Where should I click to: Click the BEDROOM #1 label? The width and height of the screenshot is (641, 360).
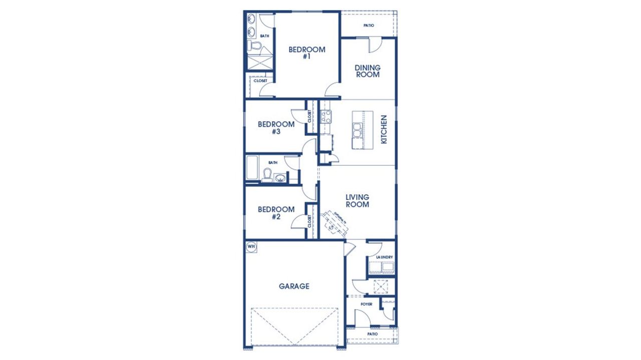pyautogui.click(x=307, y=53)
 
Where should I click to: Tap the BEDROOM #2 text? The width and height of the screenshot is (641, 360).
pyautogui.click(x=276, y=213)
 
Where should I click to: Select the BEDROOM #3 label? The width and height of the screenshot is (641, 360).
pyautogui.click(x=276, y=128)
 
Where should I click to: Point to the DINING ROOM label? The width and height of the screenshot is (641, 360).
pyautogui.click(x=368, y=71)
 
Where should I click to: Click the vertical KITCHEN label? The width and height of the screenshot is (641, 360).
pyautogui.click(x=384, y=130)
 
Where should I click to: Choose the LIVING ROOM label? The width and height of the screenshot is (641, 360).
pyautogui.click(x=358, y=201)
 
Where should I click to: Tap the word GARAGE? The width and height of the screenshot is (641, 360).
pyautogui.click(x=294, y=286)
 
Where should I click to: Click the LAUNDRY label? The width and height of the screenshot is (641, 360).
pyautogui.click(x=384, y=257)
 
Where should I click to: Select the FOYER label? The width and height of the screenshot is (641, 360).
pyautogui.click(x=367, y=304)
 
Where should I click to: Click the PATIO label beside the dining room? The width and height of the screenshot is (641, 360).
pyautogui.click(x=369, y=26)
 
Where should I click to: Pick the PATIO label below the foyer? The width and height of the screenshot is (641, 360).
pyautogui.click(x=372, y=334)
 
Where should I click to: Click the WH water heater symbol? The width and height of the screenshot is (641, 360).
pyautogui.click(x=251, y=246)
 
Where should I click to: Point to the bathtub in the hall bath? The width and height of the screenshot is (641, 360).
pyautogui.click(x=252, y=168)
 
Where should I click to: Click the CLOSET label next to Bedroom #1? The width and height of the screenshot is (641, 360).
pyautogui.click(x=260, y=81)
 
